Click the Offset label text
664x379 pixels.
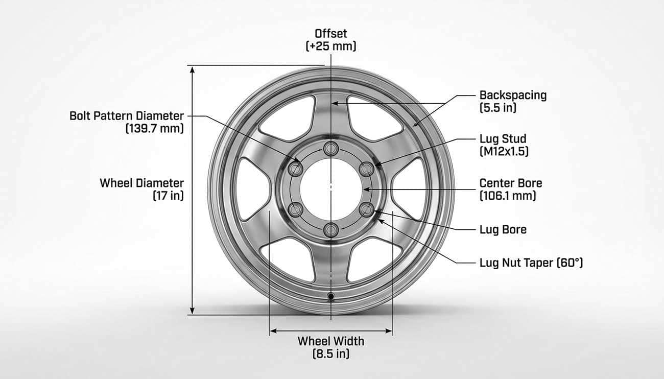point(330,34)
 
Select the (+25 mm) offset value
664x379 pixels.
point(330,46)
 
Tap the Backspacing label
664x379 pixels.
point(513,95)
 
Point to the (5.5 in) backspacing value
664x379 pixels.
point(498,108)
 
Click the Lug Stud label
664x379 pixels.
point(503,138)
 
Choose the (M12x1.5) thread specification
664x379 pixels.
point(504,151)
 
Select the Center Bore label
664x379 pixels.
point(511,183)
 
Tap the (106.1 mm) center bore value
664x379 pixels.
point(508,195)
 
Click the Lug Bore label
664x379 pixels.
point(503,229)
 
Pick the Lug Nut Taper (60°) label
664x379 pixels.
point(531,263)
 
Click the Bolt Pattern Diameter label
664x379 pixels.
point(126,116)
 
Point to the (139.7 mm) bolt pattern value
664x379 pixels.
point(154,129)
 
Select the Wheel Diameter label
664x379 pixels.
point(141,183)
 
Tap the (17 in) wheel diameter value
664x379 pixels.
point(168,195)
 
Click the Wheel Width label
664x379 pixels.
point(330,341)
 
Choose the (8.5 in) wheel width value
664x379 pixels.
point(330,353)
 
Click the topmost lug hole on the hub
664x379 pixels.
point(331,149)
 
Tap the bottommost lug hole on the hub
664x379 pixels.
point(331,230)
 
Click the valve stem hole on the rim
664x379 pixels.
point(331,296)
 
